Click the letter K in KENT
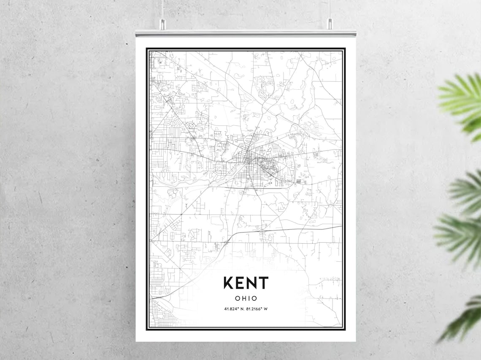point(229,282)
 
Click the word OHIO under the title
point(246,298)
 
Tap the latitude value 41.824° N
point(234,309)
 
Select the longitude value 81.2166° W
point(257,309)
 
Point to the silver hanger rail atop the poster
point(246,33)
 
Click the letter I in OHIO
point(249,298)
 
